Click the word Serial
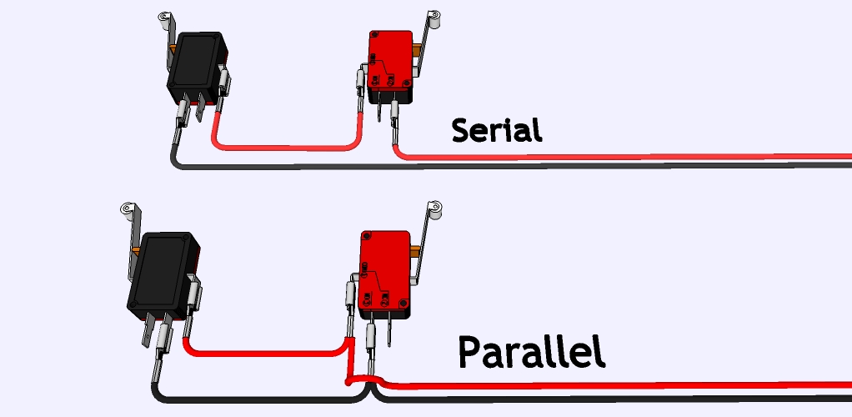(497, 130)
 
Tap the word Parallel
(531, 354)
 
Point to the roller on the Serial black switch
(165, 17)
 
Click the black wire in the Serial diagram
(500, 164)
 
